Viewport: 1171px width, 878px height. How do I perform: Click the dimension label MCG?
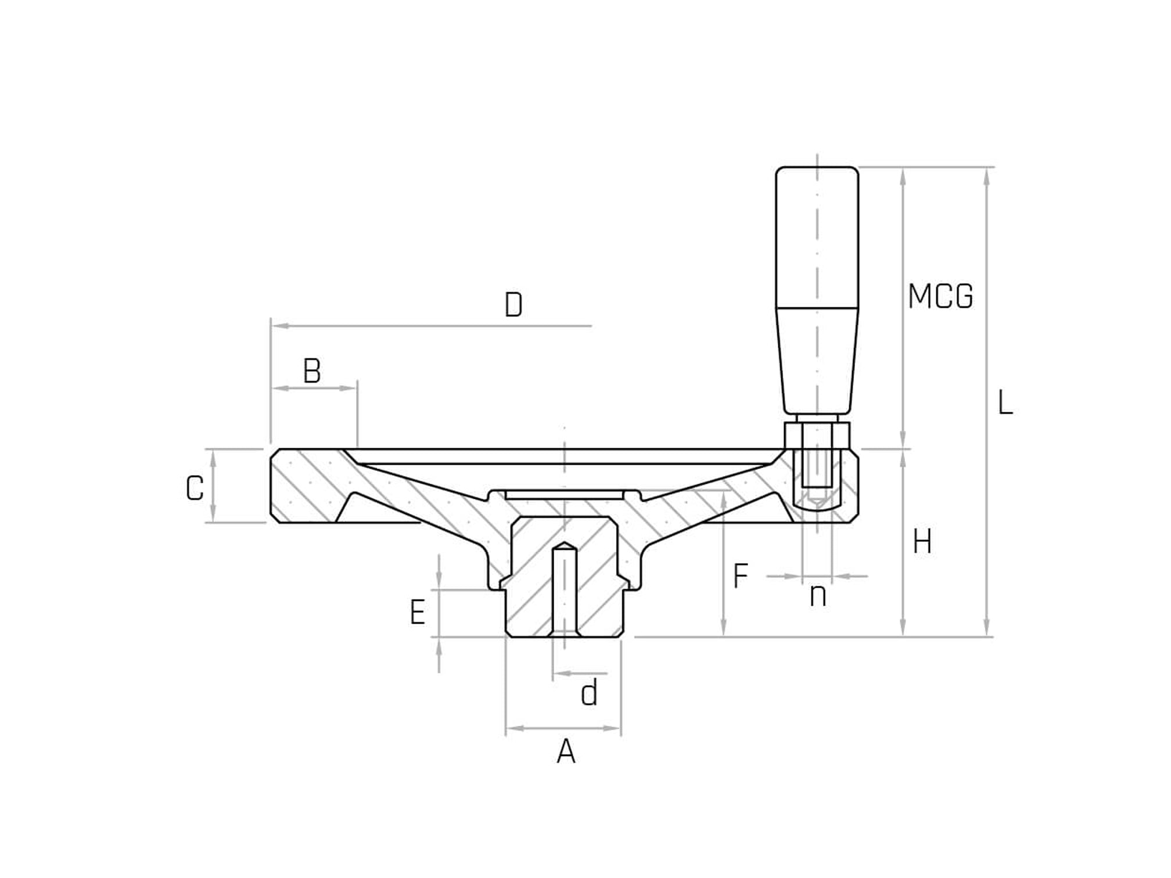940,296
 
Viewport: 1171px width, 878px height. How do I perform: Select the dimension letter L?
1005,402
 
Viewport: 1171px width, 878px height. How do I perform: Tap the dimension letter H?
922,542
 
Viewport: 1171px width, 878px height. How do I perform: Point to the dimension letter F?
741,576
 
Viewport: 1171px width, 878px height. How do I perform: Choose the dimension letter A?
566,752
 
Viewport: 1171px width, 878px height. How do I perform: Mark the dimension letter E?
418,613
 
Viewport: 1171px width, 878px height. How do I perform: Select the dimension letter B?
312,371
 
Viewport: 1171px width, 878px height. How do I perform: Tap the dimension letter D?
513,305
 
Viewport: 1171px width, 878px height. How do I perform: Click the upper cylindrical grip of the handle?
817,237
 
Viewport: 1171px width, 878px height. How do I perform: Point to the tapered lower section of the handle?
817,361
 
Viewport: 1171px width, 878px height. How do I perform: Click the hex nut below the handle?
817,435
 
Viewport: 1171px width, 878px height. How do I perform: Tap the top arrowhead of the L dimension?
986,177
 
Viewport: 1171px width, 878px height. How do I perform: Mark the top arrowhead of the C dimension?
213,459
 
